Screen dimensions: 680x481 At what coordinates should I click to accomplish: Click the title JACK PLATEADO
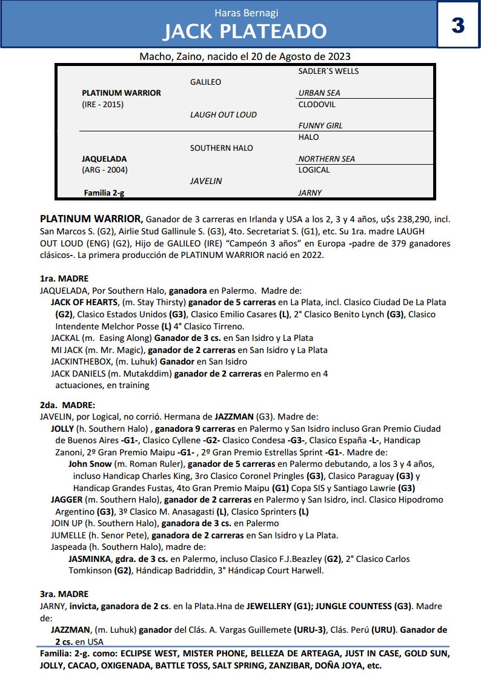(x=245, y=31)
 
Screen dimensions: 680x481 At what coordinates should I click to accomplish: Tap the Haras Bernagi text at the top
(x=245, y=13)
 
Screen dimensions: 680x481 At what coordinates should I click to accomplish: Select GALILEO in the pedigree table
(x=205, y=82)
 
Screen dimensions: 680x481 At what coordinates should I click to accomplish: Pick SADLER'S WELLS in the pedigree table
(x=328, y=71)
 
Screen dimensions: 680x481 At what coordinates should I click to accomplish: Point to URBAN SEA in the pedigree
(x=319, y=93)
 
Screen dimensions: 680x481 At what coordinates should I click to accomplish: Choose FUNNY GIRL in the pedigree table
(x=320, y=126)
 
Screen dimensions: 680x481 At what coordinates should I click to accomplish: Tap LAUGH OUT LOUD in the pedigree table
(x=223, y=115)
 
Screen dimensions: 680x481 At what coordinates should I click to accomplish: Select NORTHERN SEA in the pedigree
(x=327, y=159)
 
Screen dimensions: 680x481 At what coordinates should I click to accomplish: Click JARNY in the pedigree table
(x=310, y=193)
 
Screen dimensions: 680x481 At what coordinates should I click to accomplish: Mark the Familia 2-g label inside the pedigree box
(x=104, y=193)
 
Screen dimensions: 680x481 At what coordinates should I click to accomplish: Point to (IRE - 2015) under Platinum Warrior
(x=102, y=104)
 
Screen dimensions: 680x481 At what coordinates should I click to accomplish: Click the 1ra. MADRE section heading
(x=64, y=279)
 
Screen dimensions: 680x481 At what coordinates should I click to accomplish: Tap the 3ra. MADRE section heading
(x=64, y=594)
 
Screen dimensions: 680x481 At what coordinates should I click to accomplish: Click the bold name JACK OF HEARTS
(x=84, y=302)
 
